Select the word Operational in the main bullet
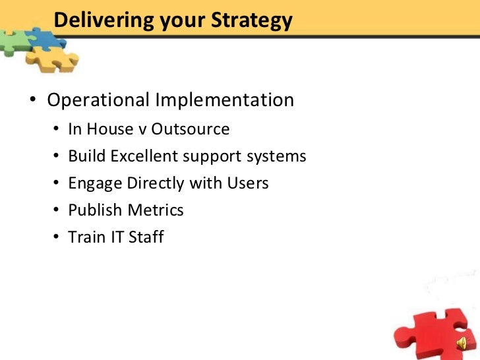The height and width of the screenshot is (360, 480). (99, 100)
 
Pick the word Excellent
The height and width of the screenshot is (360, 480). (145, 156)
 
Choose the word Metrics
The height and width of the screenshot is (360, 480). (156, 210)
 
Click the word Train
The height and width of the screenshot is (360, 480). (86, 237)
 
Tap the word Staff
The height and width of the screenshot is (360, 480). (144, 237)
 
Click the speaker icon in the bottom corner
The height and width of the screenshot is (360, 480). (462, 342)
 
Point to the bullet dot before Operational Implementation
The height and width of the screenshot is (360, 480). (32, 102)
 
